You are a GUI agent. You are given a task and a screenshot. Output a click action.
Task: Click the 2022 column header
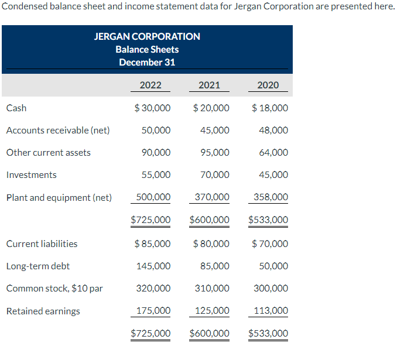point(150,85)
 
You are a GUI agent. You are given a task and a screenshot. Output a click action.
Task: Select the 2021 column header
point(209,85)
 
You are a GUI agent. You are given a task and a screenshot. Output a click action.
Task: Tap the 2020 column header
point(268,85)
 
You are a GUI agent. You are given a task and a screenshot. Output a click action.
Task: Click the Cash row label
point(16,108)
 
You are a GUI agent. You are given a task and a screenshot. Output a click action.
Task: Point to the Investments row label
point(32,174)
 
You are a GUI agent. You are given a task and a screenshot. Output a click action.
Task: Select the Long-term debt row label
point(37,266)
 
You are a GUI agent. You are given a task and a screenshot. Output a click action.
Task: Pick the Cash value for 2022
point(153,108)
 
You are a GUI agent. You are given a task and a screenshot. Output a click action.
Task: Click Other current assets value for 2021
point(215,152)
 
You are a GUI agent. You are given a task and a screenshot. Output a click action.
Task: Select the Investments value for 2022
point(156,174)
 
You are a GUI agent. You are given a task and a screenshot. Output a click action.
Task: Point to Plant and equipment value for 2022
point(153,197)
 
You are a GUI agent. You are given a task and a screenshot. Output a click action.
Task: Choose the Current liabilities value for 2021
point(211,244)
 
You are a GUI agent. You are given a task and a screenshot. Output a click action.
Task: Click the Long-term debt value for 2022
point(153,266)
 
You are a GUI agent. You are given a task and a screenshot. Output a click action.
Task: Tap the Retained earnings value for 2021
point(212,311)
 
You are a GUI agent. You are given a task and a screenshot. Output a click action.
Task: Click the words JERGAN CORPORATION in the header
point(147,36)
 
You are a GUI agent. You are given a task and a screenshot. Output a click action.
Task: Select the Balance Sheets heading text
point(147,49)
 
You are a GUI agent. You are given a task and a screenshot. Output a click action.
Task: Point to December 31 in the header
point(147,62)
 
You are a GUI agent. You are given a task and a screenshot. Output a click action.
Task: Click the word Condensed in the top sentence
point(22,6)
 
